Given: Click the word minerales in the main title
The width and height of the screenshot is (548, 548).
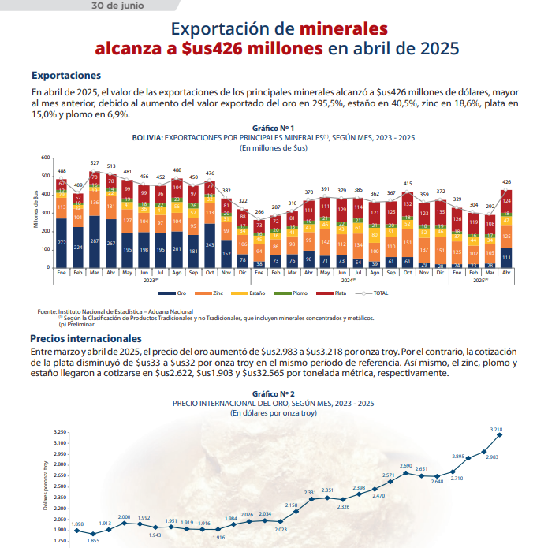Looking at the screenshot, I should pyautogui.click(x=344, y=29).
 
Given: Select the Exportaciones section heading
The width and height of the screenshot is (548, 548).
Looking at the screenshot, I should pyautogui.click(x=66, y=76).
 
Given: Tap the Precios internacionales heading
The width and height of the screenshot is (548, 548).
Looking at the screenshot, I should pyautogui.click(x=86, y=337).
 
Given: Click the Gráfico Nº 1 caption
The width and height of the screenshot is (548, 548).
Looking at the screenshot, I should pyautogui.click(x=273, y=128).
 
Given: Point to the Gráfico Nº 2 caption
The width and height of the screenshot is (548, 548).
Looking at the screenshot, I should pyautogui.click(x=273, y=393).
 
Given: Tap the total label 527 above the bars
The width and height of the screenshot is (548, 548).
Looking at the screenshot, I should pyautogui.click(x=95, y=162).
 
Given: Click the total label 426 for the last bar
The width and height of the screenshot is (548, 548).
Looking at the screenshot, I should pyautogui.click(x=506, y=181).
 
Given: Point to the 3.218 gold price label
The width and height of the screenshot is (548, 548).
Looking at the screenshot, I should pyautogui.click(x=496, y=430).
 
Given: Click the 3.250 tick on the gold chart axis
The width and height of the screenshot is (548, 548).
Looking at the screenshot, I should pyautogui.click(x=60, y=433).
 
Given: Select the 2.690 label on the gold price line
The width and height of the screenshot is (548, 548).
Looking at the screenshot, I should pyautogui.click(x=406, y=466).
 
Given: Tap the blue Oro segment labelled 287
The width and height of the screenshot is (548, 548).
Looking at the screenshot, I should pyautogui.click(x=95, y=241).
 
